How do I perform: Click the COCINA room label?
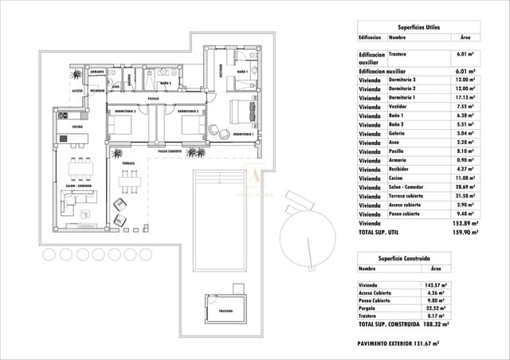tap(77, 127)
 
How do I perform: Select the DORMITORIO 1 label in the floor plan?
tap(243, 135)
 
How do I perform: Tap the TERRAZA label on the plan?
tap(129, 162)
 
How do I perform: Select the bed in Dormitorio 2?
tap(189, 126)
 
